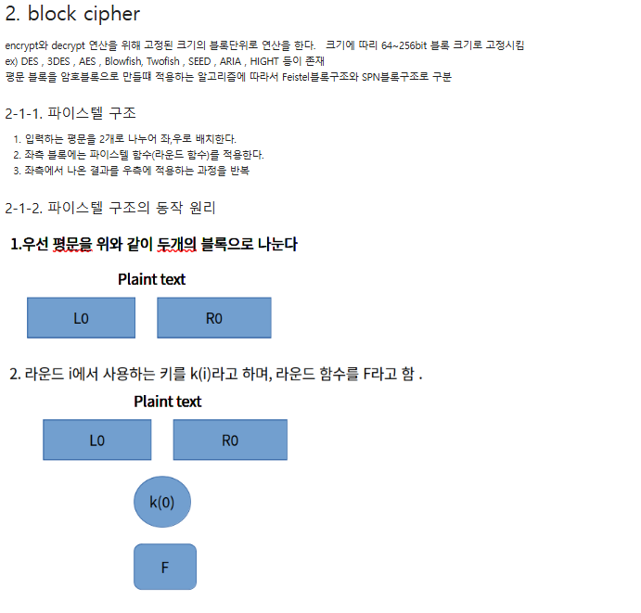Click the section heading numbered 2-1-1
coord(71,113)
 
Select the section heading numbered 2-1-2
coord(110,207)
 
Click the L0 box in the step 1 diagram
coord(81,318)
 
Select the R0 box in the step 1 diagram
coord(214,318)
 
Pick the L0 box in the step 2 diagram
coord(96,441)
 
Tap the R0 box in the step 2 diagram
coord(230,441)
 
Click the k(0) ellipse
coord(162,503)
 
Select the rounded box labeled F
coord(165,567)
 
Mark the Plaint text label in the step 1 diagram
coord(151,279)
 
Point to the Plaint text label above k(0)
coord(167,402)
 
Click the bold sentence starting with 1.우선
coord(154,245)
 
